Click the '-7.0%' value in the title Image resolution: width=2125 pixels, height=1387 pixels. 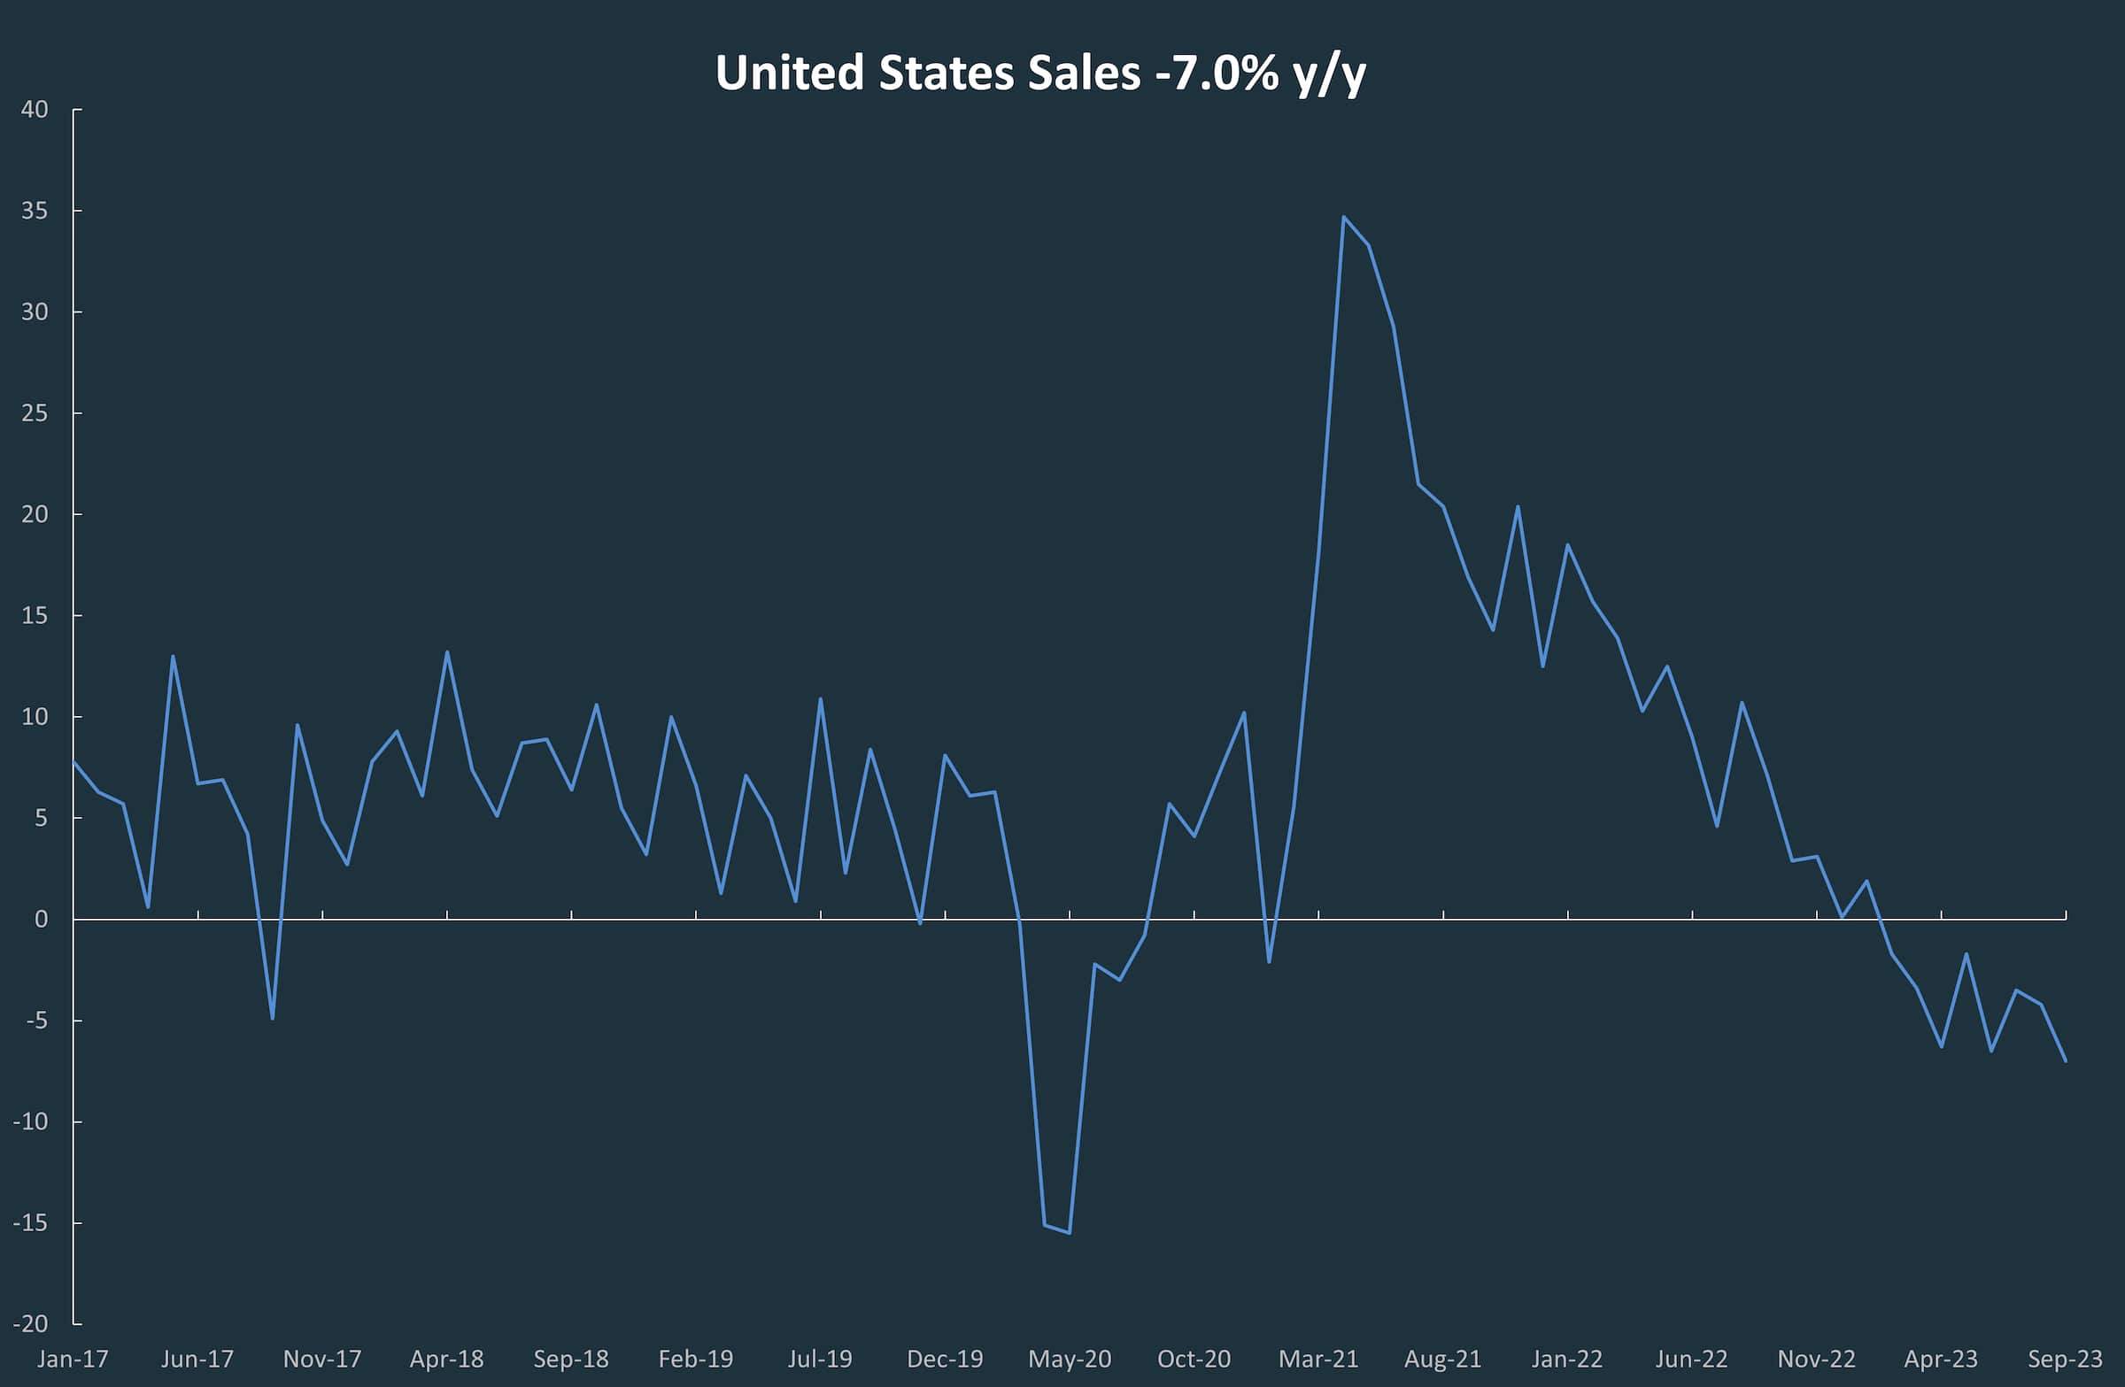click(x=1217, y=73)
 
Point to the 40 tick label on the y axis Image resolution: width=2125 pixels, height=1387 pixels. click(x=35, y=110)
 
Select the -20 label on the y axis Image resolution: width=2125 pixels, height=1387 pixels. click(x=30, y=1323)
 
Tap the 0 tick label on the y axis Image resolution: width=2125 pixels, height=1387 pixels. click(x=41, y=920)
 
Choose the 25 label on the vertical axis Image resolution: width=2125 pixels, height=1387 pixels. click(x=35, y=413)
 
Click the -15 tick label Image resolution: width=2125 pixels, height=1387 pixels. click(x=30, y=1222)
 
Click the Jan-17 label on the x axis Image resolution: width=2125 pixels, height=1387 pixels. click(x=73, y=1360)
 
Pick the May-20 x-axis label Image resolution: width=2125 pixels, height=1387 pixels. click(x=1069, y=1360)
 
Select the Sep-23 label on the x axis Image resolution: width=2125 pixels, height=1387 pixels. click(x=2065, y=1360)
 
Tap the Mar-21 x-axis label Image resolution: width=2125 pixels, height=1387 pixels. click(x=1317, y=1360)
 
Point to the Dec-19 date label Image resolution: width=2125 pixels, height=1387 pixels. click(x=945, y=1360)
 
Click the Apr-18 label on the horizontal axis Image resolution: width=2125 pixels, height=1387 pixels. click(x=446, y=1360)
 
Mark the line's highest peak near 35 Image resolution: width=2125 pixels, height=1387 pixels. click(x=1343, y=217)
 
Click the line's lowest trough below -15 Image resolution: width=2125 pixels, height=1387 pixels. click(x=1069, y=1233)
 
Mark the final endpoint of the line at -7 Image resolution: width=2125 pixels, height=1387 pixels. click(x=2065, y=1060)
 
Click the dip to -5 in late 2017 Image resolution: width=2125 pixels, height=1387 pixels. click(x=273, y=1019)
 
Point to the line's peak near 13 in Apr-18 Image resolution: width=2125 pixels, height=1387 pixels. click(x=446, y=652)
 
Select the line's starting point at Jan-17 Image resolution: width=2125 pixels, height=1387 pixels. click(x=73, y=761)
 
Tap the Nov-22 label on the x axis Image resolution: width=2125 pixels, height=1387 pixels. click(x=1816, y=1360)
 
